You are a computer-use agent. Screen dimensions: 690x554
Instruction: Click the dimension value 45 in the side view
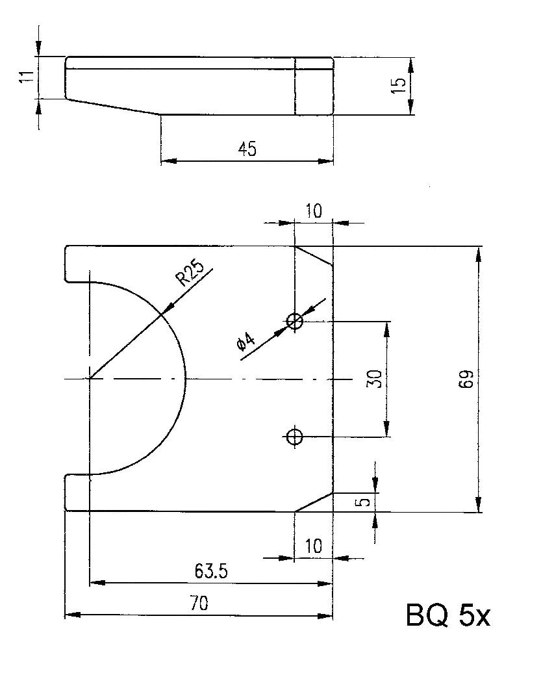[x=247, y=149]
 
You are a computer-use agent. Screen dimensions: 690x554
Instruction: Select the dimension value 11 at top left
[x=25, y=77]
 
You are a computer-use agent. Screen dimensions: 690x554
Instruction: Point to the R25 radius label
[x=190, y=273]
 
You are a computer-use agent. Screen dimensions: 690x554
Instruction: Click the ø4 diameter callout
[x=246, y=345]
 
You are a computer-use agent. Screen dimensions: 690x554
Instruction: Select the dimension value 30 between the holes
[x=373, y=378]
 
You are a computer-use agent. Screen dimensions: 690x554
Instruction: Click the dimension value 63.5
[x=210, y=571]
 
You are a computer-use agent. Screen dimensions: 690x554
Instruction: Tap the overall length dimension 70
[x=199, y=604]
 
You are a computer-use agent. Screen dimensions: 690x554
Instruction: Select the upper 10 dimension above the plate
[x=314, y=211]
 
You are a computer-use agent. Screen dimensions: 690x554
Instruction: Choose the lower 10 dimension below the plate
[x=314, y=546]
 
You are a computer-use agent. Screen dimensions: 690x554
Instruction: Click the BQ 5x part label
[x=447, y=616]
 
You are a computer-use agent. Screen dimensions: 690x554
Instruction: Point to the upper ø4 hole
[x=295, y=320]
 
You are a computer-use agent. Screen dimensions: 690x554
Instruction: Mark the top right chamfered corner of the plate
[x=315, y=256]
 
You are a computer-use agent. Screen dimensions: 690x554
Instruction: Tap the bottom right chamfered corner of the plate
[x=315, y=502]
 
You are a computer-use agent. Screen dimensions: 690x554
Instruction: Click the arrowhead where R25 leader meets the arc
[x=166, y=309]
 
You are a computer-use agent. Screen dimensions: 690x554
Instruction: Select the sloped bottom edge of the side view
[x=114, y=107]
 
